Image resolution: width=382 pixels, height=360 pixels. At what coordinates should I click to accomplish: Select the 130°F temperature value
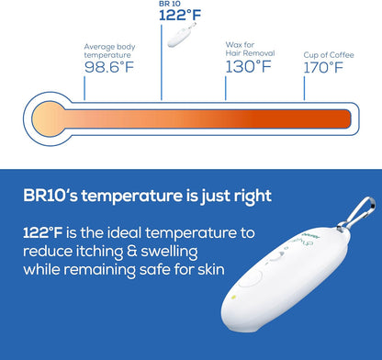tap(250, 65)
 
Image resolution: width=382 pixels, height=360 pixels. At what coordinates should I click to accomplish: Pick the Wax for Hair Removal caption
tap(245, 48)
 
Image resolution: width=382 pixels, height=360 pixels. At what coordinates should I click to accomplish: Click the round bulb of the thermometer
tap(47, 119)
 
